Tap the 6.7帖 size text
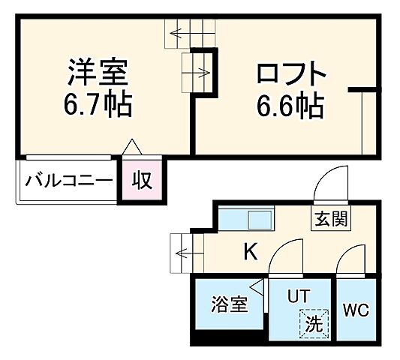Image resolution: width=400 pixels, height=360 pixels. tap(98, 105)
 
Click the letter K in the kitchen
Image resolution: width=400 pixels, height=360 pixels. tap(250, 252)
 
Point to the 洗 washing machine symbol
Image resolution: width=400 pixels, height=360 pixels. tap(313, 325)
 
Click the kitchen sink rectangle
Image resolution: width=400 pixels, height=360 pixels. tap(259, 221)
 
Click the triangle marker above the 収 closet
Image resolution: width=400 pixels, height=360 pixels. tap(131, 147)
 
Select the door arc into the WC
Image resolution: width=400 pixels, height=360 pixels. tap(349, 263)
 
